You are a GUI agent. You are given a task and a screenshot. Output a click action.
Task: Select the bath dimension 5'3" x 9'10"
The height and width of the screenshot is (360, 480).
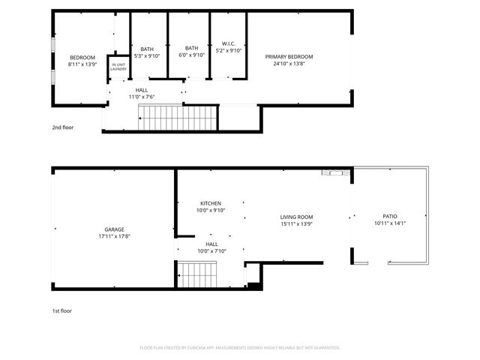pos(147,55)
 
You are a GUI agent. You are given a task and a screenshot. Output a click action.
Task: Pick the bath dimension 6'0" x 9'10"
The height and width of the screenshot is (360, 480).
pos(192,55)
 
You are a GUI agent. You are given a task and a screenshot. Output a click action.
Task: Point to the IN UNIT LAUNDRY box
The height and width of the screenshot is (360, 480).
pos(118,67)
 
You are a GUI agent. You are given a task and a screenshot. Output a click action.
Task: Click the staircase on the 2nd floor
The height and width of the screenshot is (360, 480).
pos(177,118)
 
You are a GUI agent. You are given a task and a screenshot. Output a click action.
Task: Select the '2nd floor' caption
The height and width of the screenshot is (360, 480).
pos(63,127)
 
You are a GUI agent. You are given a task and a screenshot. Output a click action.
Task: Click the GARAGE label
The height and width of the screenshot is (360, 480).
pos(114,229)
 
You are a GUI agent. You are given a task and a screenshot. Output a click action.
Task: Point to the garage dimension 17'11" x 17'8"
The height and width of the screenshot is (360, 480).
pos(114,236)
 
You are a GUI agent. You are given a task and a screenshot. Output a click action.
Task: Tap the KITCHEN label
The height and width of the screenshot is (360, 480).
pos(210,203)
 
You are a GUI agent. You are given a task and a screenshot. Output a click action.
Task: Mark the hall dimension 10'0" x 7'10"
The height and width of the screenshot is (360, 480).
pos(211,251)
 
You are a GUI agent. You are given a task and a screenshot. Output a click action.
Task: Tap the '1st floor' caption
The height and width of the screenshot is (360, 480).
pos(62,310)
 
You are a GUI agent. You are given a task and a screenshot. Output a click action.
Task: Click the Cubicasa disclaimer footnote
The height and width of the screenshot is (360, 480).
pos(240,347)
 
